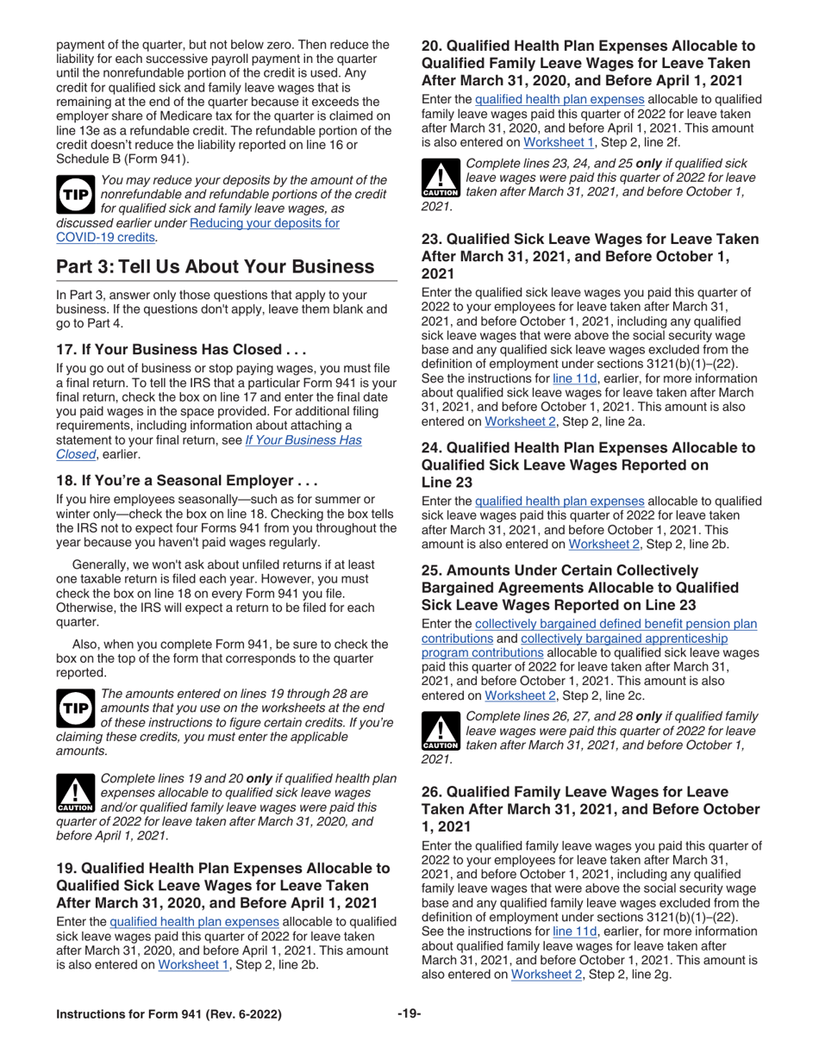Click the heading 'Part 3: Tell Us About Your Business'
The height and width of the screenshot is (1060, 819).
click(x=215, y=266)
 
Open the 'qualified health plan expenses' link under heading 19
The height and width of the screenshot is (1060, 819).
click(x=194, y=921)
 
